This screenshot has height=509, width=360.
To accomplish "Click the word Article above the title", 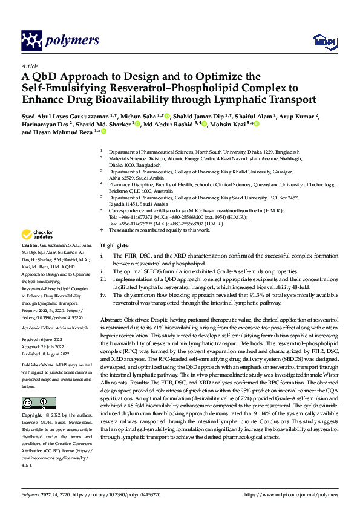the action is [29, 66].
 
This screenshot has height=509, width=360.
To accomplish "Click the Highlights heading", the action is [114, 246].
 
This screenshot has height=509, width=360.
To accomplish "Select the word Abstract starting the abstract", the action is [111, 319].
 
